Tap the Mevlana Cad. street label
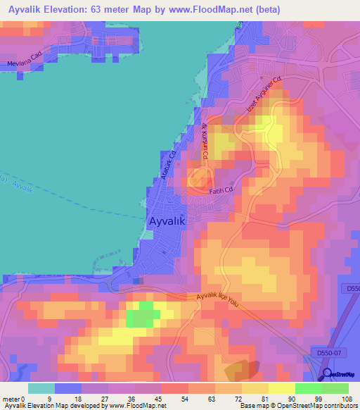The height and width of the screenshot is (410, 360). tap(23, 62)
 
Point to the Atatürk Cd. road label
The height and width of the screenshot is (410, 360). tap(167, 163)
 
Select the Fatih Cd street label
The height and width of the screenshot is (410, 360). tap(220, 190)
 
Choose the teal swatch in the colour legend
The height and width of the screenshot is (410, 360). tap(41, 388)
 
